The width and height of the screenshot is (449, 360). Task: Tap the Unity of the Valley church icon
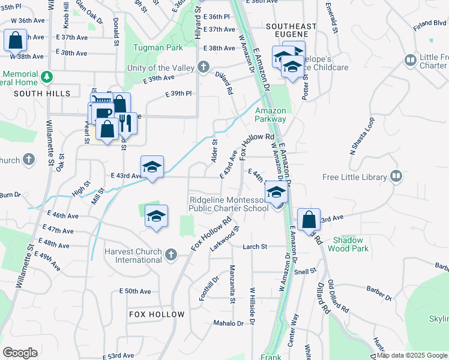204,67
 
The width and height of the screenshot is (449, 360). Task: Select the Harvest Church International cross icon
171,255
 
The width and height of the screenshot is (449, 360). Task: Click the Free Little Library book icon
396,176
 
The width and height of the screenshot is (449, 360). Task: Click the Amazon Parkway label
270,115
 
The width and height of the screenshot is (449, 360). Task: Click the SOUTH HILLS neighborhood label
42,94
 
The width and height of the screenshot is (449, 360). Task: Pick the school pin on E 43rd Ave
152,167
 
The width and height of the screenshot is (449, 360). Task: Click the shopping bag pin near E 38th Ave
15,41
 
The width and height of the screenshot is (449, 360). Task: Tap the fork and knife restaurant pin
125,122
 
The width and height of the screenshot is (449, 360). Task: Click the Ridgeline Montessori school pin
276,193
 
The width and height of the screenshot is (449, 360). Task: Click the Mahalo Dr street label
229,323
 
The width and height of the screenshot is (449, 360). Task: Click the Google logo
20,353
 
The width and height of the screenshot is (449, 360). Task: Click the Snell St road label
305,271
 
